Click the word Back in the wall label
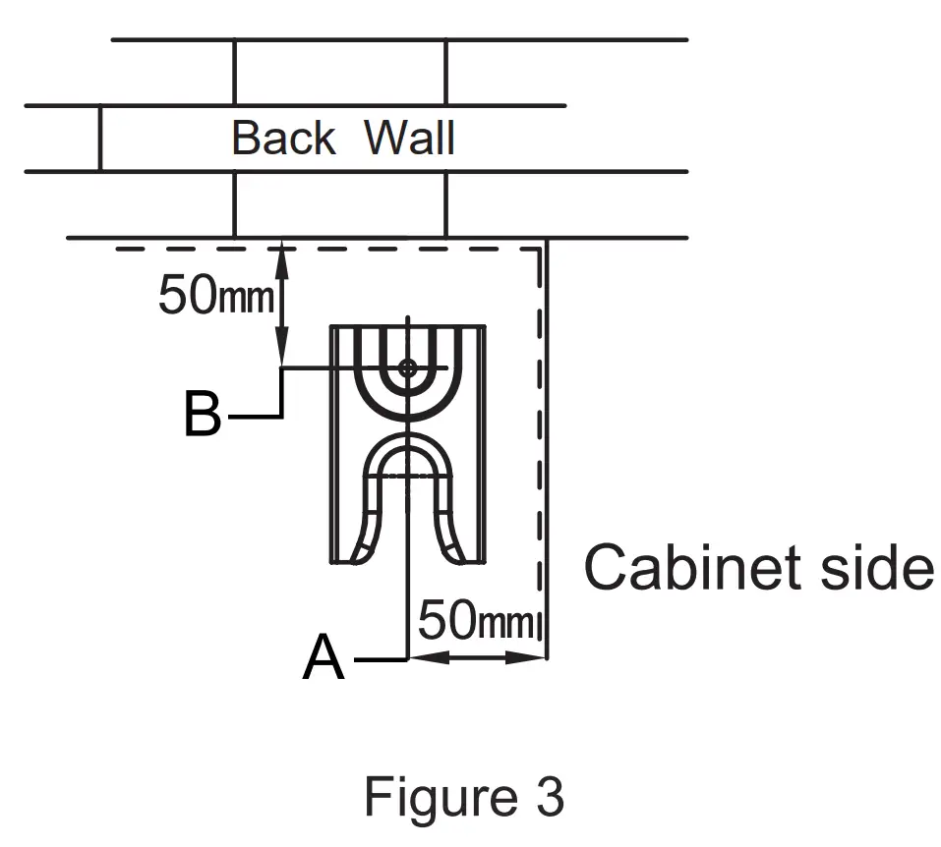pos(282,138)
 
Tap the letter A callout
pos(324,658)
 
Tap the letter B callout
pos(203,416)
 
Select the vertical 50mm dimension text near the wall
pos(214,294)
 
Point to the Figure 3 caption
pos(464,796)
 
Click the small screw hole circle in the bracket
pos(407,367)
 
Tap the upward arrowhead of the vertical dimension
pos(282,252)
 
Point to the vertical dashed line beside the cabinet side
pos(537,442)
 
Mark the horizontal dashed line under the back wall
pos(324,249)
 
